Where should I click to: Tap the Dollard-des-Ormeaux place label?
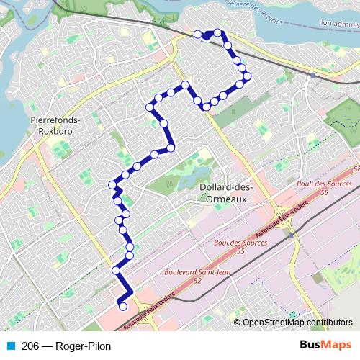[x=223, y=192]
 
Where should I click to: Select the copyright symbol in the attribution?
[x=238, y=323]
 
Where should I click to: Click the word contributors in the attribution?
[x=331, y=323]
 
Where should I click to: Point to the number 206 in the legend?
[x=30, y=346]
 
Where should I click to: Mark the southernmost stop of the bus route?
[x=122, y=307]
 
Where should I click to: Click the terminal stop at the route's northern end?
[x=197, y=33]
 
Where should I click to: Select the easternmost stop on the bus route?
[x=247, y=76]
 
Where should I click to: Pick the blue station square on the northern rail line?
[x=312, y=73]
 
